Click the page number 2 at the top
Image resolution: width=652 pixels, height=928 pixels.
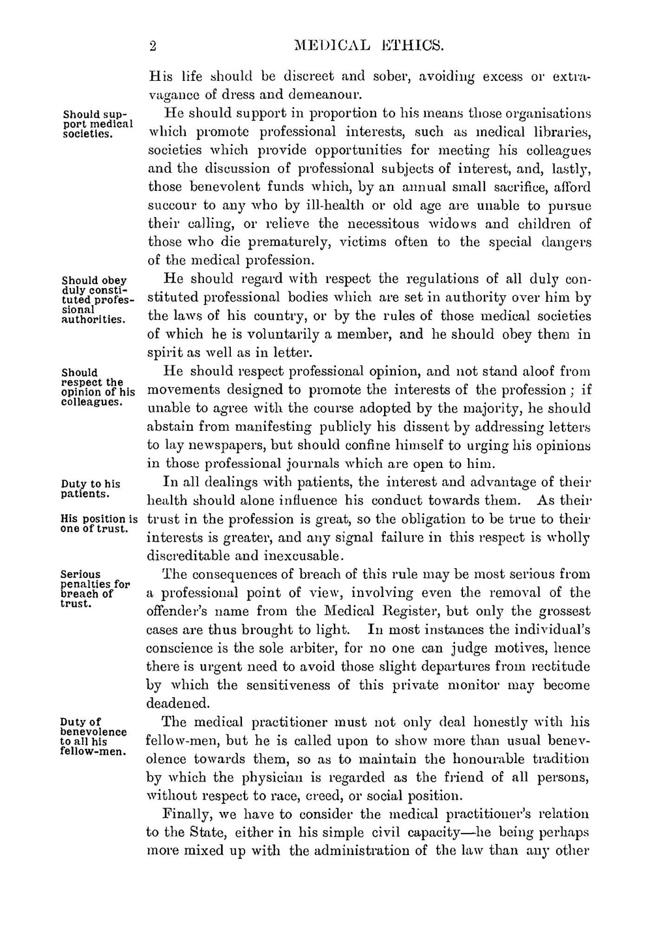[153, 46]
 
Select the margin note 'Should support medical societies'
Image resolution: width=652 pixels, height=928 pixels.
[97, 124]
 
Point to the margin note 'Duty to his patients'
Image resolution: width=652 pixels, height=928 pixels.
[91, 489]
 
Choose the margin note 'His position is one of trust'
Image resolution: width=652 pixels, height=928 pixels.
[98, 524]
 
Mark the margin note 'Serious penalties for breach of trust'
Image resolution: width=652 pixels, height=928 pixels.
[95, 589]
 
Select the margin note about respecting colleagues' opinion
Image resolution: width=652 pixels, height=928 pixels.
[98, 387]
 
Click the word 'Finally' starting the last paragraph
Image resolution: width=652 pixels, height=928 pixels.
[184, 815]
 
